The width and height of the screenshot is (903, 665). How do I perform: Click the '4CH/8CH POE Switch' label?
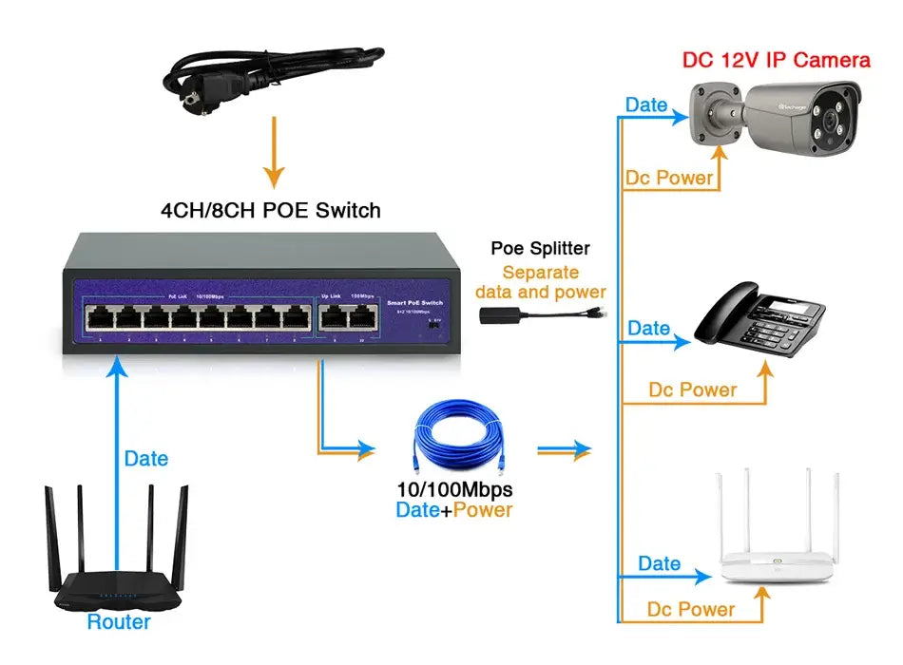[x=270, y=210]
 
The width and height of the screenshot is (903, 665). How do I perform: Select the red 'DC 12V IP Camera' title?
[x=777, y=60]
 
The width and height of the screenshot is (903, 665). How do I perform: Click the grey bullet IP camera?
[x=779, y=119]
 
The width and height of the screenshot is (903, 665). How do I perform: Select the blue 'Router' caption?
[x=119, y=622]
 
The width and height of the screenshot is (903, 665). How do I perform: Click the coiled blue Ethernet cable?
[x=460, y=442]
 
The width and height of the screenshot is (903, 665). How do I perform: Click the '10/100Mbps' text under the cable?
[x=454, y=490]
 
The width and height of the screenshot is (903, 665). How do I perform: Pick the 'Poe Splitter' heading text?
[x=540, y=249]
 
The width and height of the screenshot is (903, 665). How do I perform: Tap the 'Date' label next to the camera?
[x=646, y=105]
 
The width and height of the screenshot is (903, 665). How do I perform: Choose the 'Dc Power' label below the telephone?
[x=693, y=389]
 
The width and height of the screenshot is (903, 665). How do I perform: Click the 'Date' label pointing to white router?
[x=659, y=563]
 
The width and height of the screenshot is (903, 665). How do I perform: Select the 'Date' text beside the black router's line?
[x=146, y=459]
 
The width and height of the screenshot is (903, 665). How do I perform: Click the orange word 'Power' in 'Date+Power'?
[x=482, y=510]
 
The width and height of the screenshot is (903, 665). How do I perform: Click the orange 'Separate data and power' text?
[x=540, y=282]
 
